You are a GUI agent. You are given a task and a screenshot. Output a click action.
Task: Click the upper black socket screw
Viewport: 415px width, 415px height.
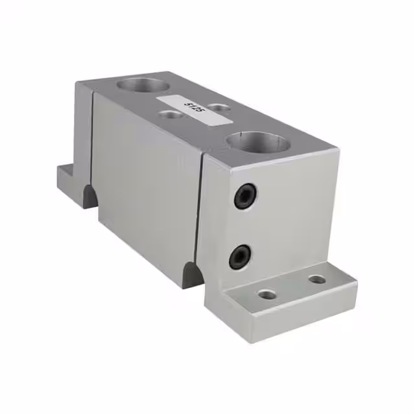246,195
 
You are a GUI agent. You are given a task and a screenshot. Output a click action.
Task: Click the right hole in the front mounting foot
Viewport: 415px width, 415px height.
316,279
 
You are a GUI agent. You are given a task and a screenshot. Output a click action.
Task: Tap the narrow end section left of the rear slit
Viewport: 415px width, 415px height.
84,136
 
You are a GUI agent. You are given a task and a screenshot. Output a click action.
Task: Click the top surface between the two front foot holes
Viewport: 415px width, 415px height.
292,287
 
